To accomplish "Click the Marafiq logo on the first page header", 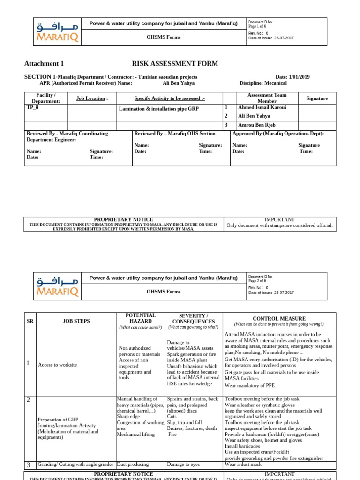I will click(57, 32).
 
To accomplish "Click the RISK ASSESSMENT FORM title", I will click(175, 64).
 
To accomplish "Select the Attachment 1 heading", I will click(44, 64).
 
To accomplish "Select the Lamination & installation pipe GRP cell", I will click(159, 108).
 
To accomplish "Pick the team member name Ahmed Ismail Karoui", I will click(261, 107).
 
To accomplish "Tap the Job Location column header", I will click(92, 98).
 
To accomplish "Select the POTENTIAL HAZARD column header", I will click(141, 318).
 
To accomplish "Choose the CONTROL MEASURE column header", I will click(279, 318).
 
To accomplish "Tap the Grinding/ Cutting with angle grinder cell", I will click(75, 465).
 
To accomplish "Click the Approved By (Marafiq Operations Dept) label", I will click(278, 134).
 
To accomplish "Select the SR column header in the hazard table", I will click(30, 321).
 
